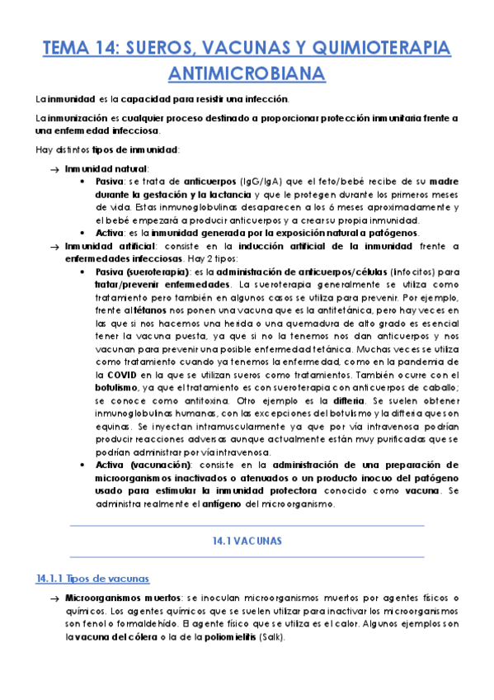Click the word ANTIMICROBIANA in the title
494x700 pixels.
coord(247,74)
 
